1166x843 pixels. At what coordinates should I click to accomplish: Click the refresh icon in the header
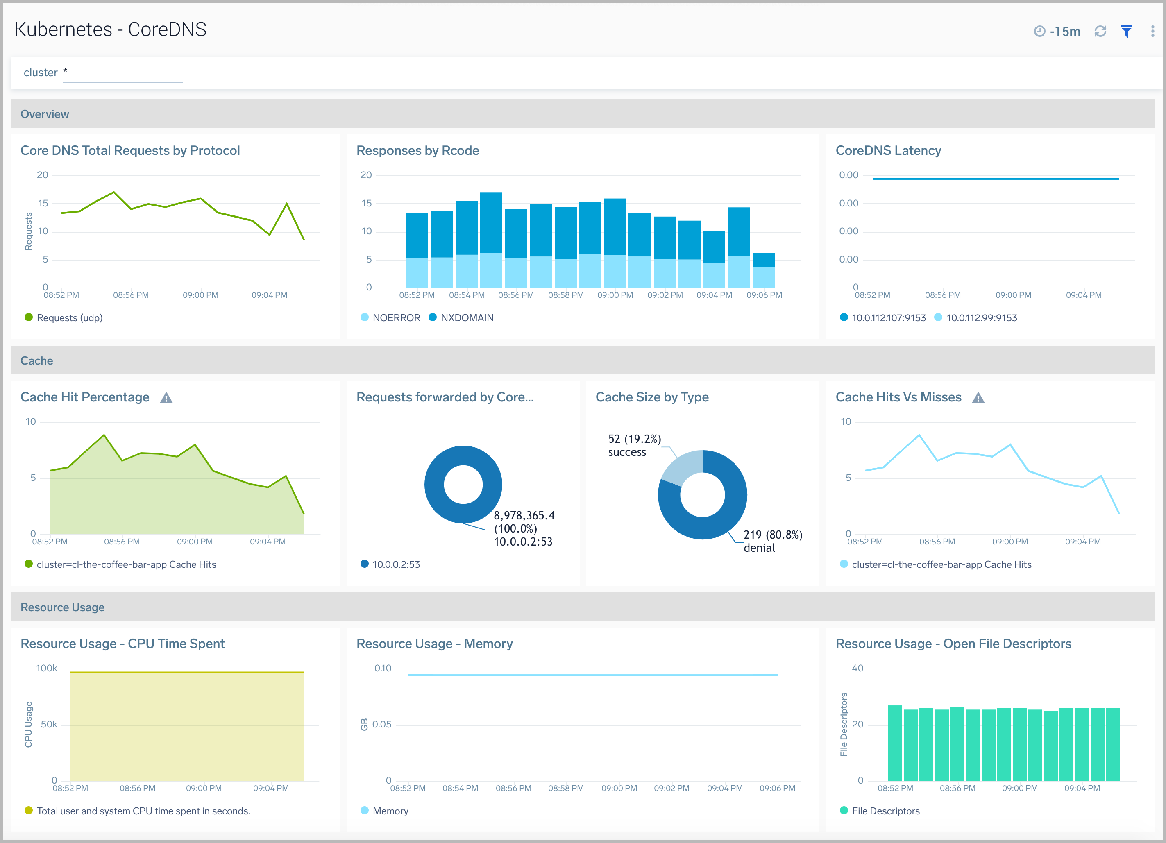point(1100,32)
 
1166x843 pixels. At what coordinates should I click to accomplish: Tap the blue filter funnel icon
point(1126,32)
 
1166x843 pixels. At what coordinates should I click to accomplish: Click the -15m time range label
point(1064,32)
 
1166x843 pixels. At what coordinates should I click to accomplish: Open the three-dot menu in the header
point(1152,32)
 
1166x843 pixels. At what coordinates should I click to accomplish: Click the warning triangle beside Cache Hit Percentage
point(166,398)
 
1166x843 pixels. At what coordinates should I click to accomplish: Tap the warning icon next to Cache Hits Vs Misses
point(978,398)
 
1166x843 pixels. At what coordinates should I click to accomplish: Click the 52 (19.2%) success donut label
point(634,445)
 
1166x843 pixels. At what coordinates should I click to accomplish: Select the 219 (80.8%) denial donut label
point(772,541)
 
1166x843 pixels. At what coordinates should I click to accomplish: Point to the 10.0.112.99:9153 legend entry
point(981,318)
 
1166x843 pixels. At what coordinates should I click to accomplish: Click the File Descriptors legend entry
point(885,811)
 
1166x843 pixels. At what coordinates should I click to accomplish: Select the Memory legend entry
point(390,811)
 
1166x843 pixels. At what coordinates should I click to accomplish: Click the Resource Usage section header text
point(62,607)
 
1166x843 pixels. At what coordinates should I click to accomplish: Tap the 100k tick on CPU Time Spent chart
point(46,668)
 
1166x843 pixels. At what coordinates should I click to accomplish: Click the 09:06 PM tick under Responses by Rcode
point(764,295)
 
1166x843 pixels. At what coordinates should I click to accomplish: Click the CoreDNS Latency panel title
point(888,151)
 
